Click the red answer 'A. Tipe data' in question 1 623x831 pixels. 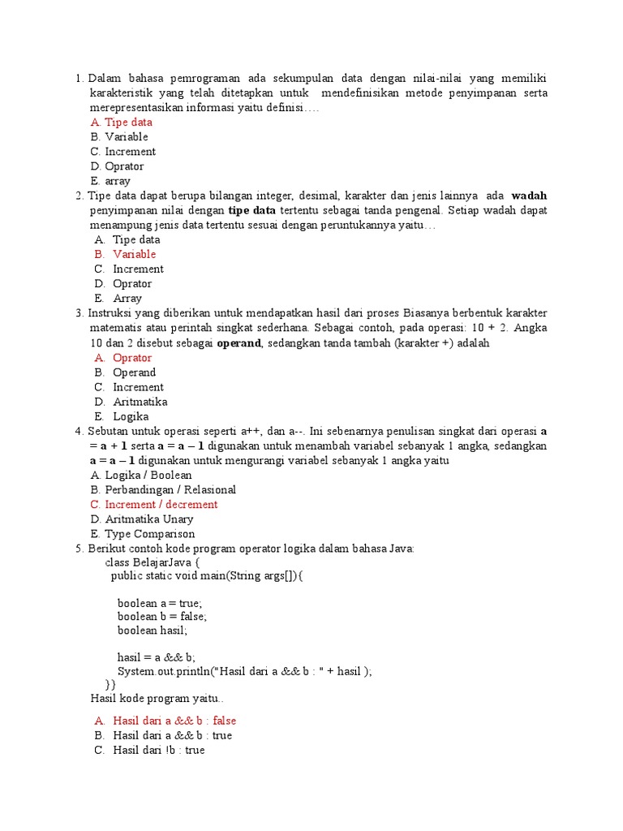[x=122, y=123]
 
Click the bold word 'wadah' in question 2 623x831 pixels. [x=529, y=196]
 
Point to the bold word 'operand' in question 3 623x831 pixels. [x=238, y=343]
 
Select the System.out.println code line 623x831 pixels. [x=244, y=672]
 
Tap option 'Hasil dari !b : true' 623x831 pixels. [x=159, y=750]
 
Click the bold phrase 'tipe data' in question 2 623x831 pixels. [x=252, y=210]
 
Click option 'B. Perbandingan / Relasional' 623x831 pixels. [x=163, y=489]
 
